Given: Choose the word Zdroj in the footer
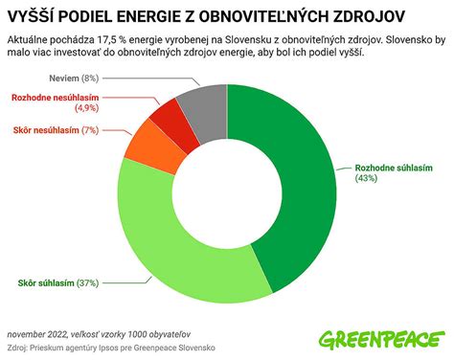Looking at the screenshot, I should pyautogui.click(x=18, y=346).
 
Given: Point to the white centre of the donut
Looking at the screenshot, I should pyautogui.click(x=227, y=192).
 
